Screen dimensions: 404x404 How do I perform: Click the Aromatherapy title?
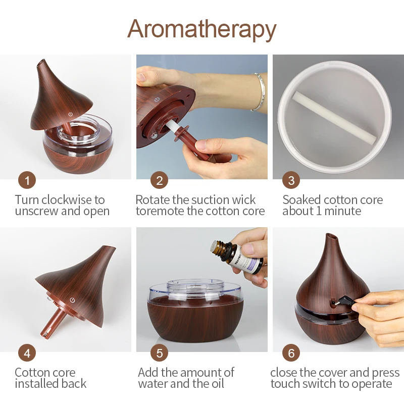click(x=201, y=29)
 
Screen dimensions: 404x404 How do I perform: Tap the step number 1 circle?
click(x=27, y=180)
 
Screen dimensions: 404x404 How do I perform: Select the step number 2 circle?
click(x=160, y=180)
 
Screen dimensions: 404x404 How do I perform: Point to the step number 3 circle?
click(x=291, y=180)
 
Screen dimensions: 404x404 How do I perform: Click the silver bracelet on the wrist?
click(x=259, y=91)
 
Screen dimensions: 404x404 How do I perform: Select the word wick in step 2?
click(x=243, y=199)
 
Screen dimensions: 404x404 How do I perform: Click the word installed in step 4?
click(x=34, y=384)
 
